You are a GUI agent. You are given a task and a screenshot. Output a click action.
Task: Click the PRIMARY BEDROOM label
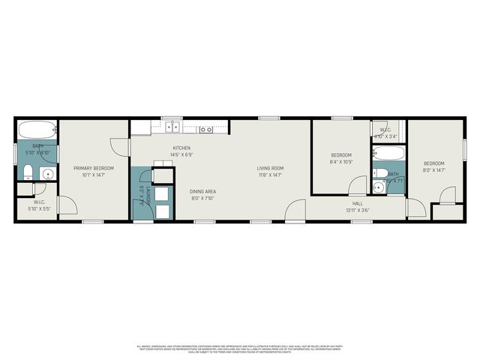pyautogui.click(x=93, y=168)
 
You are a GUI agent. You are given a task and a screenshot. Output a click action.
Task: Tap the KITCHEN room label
pyautogui.click(x=181, y=148)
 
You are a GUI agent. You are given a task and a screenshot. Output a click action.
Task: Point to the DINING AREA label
pyautogui.click(x=202, y=191)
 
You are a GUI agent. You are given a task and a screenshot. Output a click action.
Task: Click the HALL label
pyautogui.click(x=358, y=203)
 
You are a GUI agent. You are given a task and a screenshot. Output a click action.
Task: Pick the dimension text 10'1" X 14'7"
pyautogui.click(x=93, y=175)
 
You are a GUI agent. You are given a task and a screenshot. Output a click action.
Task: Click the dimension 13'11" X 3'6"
pyautogui.click(x=358, y=210)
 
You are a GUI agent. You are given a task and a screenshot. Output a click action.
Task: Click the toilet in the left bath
pyautogui.click(x=27, y=174)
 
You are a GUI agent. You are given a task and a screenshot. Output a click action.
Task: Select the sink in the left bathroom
pyautogui.click(x=47, y=174)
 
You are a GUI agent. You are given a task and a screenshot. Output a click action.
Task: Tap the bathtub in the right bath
pyautogui.click(x=389, y=154)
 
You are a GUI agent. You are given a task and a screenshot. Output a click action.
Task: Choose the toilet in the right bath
pyautogui.click(x=381, y=174)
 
